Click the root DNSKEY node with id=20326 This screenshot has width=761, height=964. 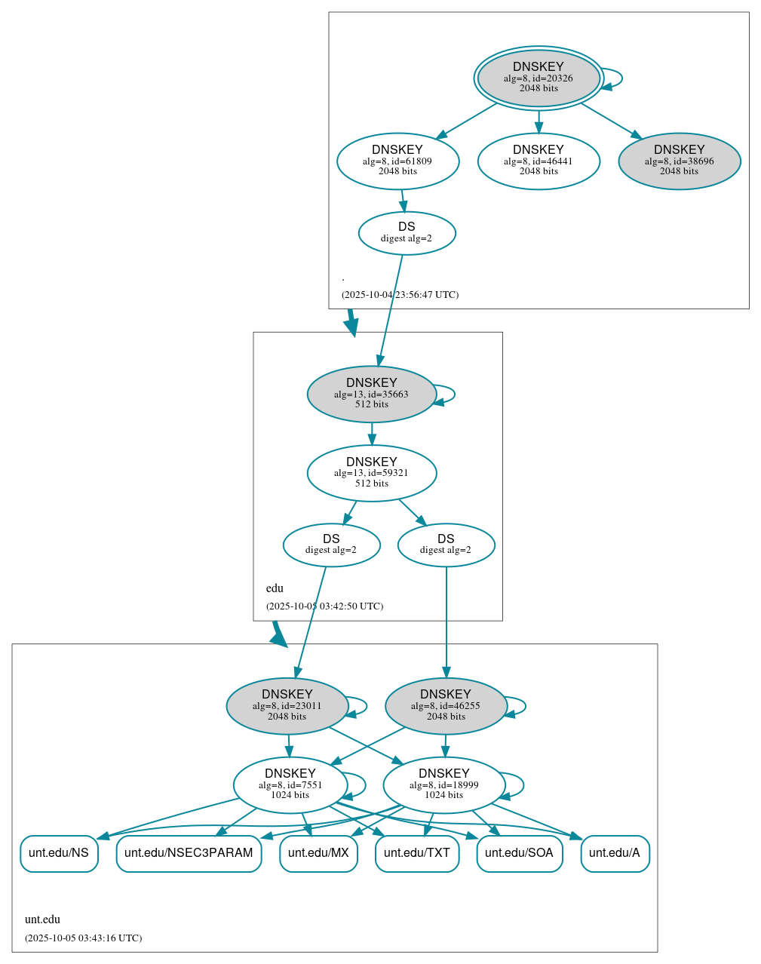click(539, 78)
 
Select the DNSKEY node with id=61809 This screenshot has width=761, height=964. click(397, 161)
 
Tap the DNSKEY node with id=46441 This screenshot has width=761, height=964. click(539, 161)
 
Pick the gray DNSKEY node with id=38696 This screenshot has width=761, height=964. click(679, 161)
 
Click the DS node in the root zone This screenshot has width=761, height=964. click(407, 233)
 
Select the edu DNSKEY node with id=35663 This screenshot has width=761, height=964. click(371, 394)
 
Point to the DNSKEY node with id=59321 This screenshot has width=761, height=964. click(371, 473)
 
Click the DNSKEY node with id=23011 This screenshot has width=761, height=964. click(287, 705)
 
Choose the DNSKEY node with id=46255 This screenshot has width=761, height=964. click(446, 705)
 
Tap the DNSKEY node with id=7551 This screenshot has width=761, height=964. click(290, 784)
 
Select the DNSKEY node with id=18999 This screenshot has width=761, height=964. click(444, 784)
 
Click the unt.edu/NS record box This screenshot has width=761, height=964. click(59, 853)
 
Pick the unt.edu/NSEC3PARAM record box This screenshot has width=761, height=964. click(189, 853)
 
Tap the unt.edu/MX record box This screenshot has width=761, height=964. click(318, 853)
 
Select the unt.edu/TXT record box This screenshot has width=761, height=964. click(417, 853)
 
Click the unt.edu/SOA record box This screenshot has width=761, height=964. click(519, 853)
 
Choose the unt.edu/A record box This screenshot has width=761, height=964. click(615, 853)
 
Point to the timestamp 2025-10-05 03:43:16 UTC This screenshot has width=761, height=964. click(83, 938)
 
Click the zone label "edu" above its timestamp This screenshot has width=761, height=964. click(275, 588)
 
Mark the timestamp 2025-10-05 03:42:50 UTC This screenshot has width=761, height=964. click(324, 606)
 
